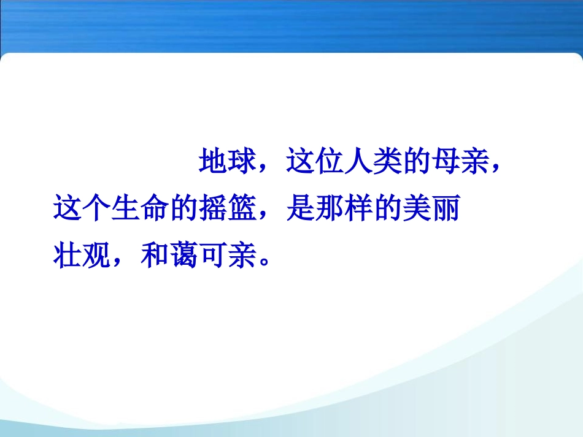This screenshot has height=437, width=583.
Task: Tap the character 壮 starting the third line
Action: pos(68,256)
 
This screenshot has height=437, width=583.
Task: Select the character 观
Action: pos(96,256)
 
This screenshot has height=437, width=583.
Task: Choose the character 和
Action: pos(155,256)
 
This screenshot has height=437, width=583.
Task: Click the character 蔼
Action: pos(183,256)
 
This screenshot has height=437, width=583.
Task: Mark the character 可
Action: pos(213,256)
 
